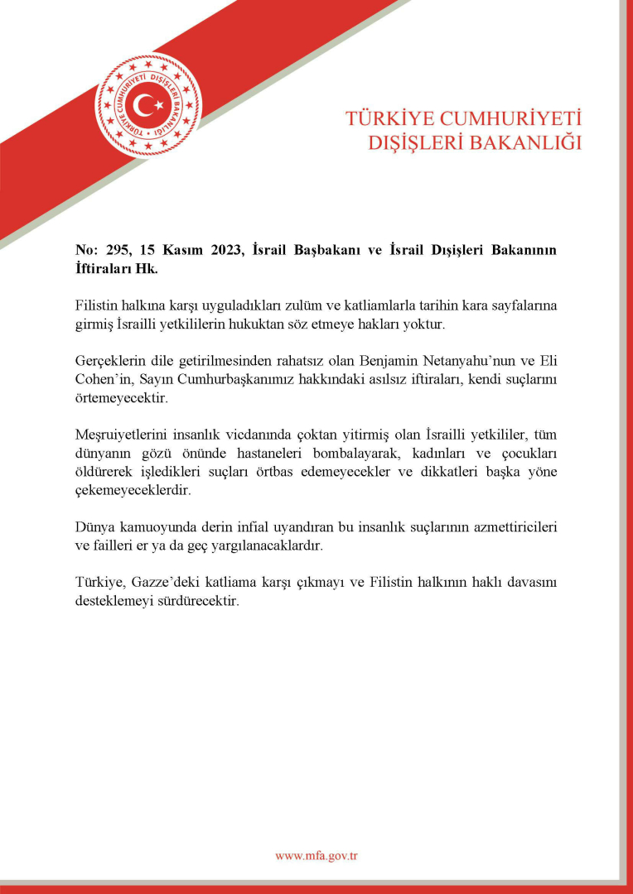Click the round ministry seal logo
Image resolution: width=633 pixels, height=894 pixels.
click(x=147, y=105)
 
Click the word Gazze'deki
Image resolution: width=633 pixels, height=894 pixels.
click(x=158, y=584)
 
